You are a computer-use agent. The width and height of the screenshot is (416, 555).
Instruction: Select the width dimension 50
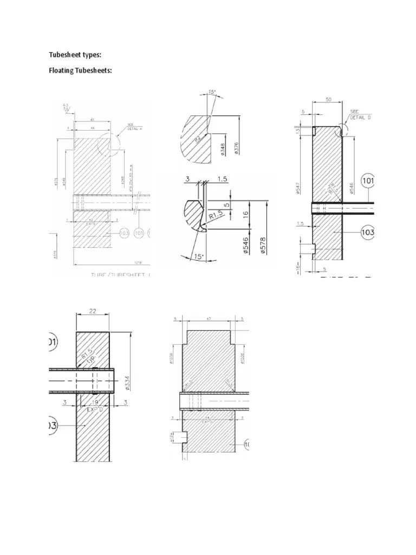(x=328, y=100)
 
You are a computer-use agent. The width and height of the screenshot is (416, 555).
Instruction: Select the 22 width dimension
(x=92, y=311)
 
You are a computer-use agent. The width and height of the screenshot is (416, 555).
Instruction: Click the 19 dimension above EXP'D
(x=96, y=403)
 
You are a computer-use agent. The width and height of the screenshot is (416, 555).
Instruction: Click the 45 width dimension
(x=92, y=120)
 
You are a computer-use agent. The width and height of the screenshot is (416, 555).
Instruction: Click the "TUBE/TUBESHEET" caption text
(x=116, y=275)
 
